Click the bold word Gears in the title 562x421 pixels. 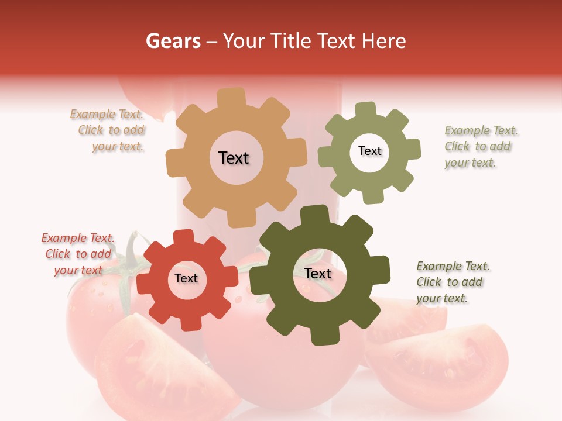(x=173, y=41)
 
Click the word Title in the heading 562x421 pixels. (x=291, y=41)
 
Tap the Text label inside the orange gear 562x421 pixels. (x=234, y=158)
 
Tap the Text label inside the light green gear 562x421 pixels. (x=369, y=151)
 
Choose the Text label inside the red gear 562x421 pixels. (x=186, y=278)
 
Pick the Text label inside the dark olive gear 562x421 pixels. (x=318, y=273)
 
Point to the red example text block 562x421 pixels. (x=78, y=254)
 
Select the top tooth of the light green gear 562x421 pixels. (x=365, y=110)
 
